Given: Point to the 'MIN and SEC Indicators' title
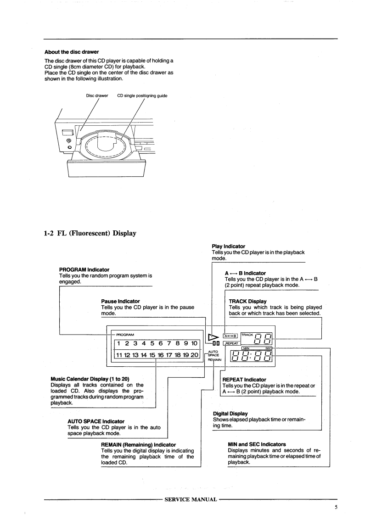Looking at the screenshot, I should pos(257,444).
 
